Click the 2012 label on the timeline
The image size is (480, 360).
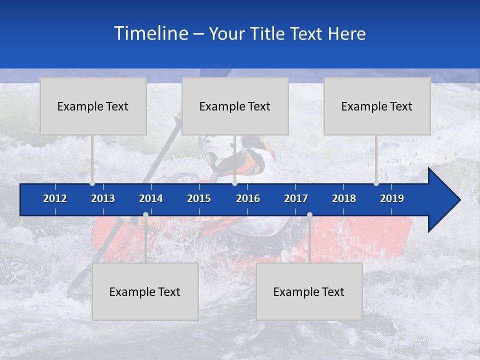tap(55, 198)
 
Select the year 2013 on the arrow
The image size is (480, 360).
tap(103, 198)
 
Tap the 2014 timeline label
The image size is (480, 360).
tap(151, 198)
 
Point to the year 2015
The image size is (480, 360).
tap(199, 198)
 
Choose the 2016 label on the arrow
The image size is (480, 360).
tap(248, 198)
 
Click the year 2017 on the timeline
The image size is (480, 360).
tap(296, 198)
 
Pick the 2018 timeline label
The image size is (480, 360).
tap(344, 198)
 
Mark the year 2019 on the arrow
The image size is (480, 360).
tap(392, 198)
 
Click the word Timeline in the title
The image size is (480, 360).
tap(150, 33)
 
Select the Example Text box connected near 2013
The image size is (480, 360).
tap(93, 106)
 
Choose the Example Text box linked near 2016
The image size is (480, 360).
tap(235, 106)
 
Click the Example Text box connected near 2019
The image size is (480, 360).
tap(377, 106)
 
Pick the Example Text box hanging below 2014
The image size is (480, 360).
tap(145, 291)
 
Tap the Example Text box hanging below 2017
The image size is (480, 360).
tap(309, 291)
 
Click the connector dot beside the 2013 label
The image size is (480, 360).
tap(92, 183)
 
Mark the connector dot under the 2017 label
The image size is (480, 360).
tap(309, 215)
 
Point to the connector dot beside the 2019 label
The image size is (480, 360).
tap(376, 183)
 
